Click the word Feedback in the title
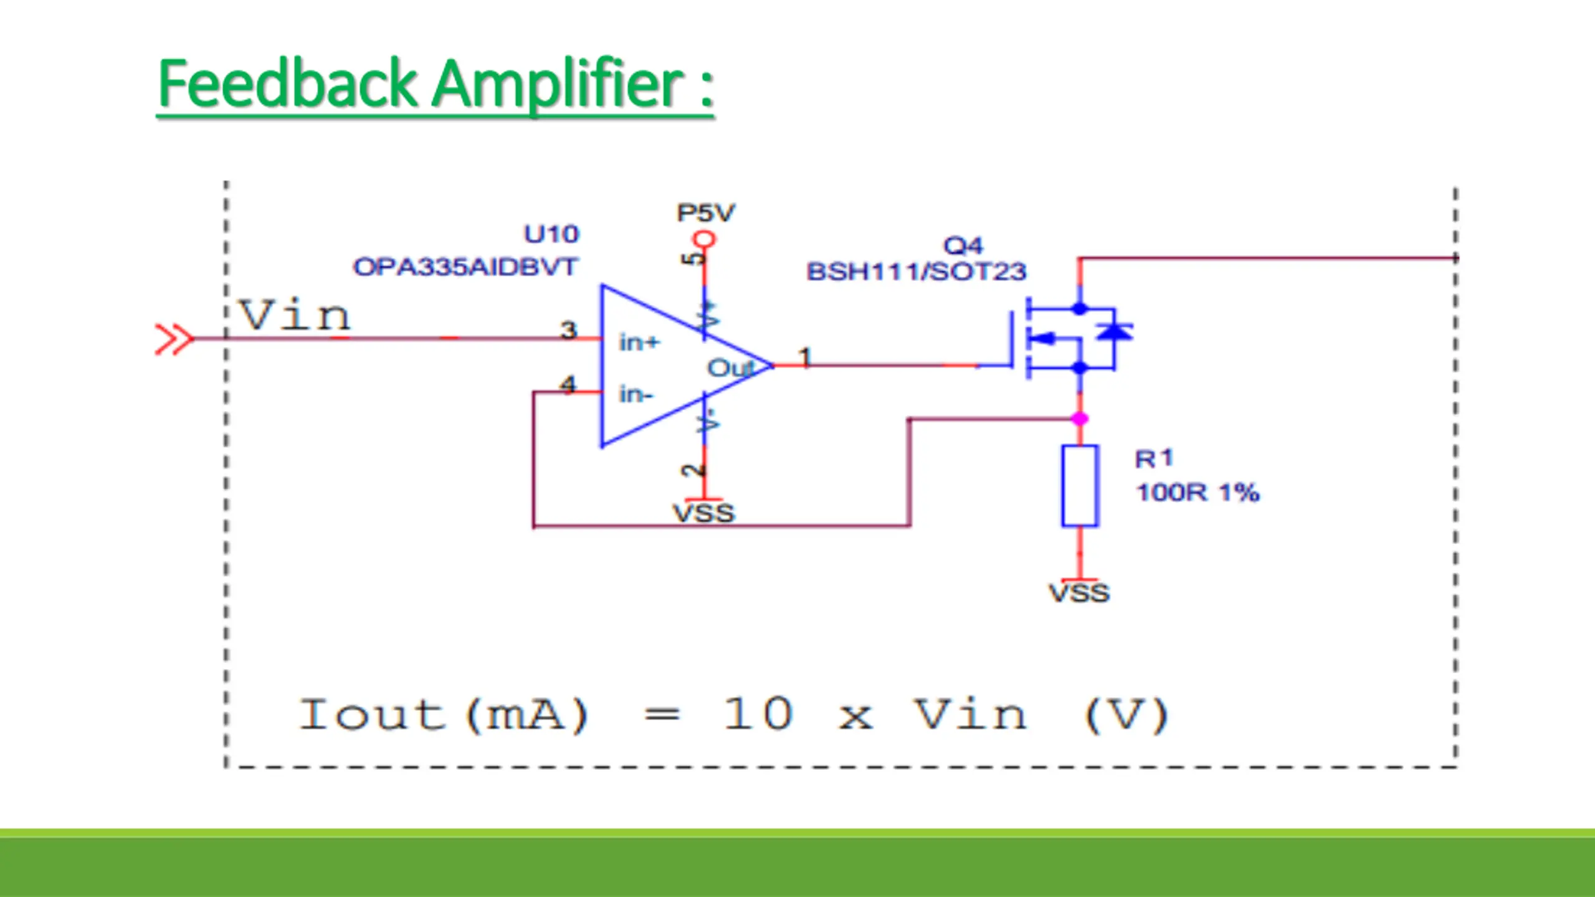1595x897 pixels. pyautogui.click(x=287, y=84)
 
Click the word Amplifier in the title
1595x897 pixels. pyautogui.click(x=558, y=84)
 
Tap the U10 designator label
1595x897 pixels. pyautogui.click(x=551, y=234)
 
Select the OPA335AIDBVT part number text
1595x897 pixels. pyautogui.click(x=465, y=267)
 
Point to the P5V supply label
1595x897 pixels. pyautogui.click(x=705, y=213)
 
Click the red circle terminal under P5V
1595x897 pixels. pyautogui.click(x=704, y=239)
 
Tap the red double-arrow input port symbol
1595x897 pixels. pyautogui.click(x=173, y=339)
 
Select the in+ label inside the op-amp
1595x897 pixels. pyautogui.click(x=639, y=342)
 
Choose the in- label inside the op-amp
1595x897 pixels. pyautogui.click(x=636, y=394)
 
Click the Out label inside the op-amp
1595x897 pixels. pyautogui.click(x=729, y=368)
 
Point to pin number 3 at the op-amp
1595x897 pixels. pyautogui.click(x=568, y=330)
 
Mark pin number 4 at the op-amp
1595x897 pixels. pyautogui.click(x=568, y=384)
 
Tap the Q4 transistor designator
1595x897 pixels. pyautogui.click(x=963, y=245)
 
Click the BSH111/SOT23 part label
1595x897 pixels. pyautogui.click(x=916, y=272)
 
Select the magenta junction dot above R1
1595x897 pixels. pyautogui.click(x=1080, y=419)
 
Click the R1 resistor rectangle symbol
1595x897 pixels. pyautogui.click(x=1080, y=486)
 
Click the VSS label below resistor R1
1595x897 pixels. pyautogui.click(x=1079, y=592)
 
